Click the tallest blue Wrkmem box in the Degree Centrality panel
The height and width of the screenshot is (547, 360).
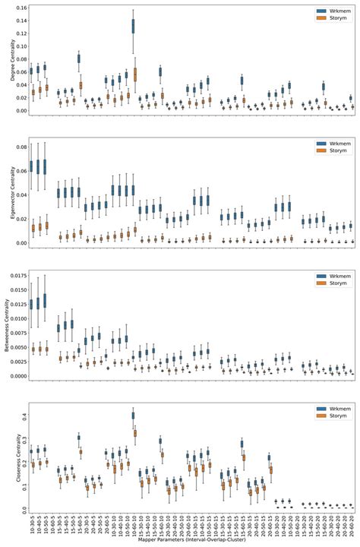pyautogui.click(x=134, y=26)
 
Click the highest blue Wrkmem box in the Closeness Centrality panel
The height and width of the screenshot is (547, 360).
pyautogui.click(x=134, y=416)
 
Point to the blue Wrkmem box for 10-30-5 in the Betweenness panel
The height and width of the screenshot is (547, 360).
pyautogui.click(x=32, y=303)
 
